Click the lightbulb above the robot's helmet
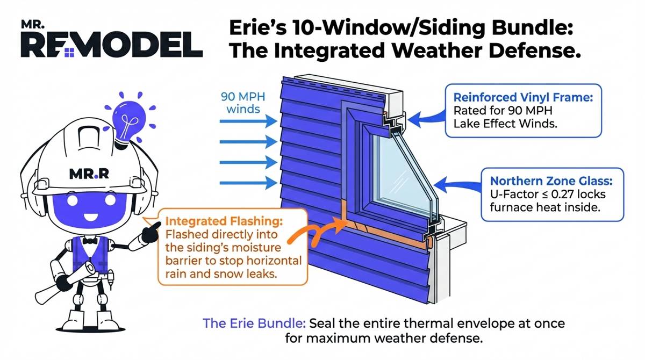click(x=129, y=120)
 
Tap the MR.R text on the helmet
click(x=89, y=174)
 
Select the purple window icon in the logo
click(x=69, y=53)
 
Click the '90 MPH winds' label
click(x=243, y=103)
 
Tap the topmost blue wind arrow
click(x=248, y=121)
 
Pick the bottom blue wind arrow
click(x=248, y=183)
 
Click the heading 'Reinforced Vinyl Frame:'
click(x=523, y=97)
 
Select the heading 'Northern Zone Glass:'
click(x=551, y=181)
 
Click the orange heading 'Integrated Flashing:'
click(x=224, y=221)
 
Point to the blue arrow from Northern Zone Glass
click(x=457, y=185)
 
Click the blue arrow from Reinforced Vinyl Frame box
click(x=427, y=119)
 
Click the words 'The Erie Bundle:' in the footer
click(x=254, y=323)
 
